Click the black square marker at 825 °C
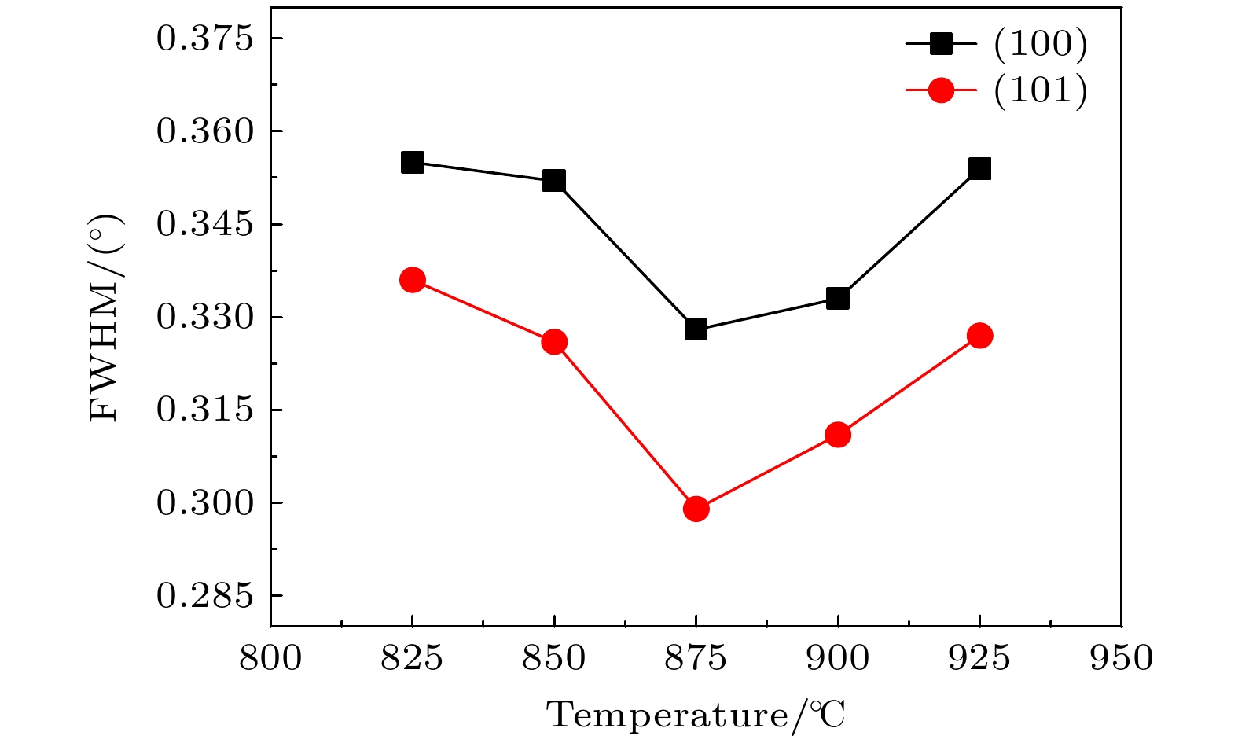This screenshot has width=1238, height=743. pos(412,163)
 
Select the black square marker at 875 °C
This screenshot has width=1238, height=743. pos(696,329)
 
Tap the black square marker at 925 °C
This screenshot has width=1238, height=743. pos(979,168)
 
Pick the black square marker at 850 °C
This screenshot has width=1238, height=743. pos(554,181)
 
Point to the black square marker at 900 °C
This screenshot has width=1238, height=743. pos(838,299)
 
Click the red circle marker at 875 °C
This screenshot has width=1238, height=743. pos(696,509)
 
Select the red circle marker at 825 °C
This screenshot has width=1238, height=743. pos(412,280)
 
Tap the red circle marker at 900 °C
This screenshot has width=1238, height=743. pos(838,435)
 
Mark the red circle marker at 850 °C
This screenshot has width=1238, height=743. pos(554,342)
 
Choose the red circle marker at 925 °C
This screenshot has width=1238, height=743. pos(979,336)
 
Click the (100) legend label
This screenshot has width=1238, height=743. pos(1040,45)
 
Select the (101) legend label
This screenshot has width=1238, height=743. pos(1040,91)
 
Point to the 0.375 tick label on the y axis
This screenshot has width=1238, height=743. pos(206,39)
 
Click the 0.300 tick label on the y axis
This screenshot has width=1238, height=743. pos(206,503)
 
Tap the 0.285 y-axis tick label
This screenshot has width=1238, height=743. pos(206,596)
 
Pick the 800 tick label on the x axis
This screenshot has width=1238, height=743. pos(270,658)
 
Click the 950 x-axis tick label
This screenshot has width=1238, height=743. pos(1121,658)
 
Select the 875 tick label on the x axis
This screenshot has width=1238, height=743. pos(696,658)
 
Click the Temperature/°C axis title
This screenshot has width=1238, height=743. pos(696,715)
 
